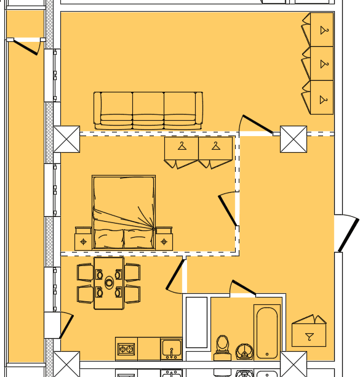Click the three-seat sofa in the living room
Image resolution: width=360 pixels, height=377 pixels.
click(x=148, y=110)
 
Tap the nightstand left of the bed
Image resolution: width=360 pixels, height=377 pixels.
click(x=83, y=240)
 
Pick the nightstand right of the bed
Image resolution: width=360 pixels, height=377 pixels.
click(x=164, y=240)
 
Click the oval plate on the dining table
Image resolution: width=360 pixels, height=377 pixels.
click(x=109, y=283)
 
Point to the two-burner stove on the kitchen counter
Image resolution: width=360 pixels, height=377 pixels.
click(x=126, y=349)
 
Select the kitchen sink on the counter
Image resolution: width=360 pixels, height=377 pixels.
click(x=171, y=348)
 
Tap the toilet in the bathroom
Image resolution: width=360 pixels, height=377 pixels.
click(x=223, y=347)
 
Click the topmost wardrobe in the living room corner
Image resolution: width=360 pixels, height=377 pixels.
click(x=321, y=30)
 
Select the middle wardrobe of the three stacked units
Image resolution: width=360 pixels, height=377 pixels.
click(x=321, y=63)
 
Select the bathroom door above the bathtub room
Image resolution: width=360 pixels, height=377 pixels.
click(x=243, y=288)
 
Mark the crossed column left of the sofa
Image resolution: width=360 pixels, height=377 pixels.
click(x=66, y=139)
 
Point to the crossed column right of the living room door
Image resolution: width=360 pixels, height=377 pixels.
click(x=293, y=139)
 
